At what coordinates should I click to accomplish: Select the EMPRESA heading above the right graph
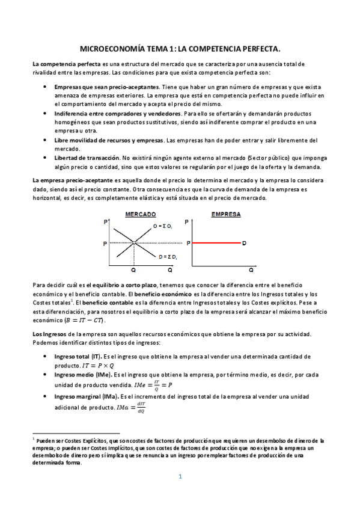pyautogui.click(x=226, y=214)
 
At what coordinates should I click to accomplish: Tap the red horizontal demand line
pyautogui.click(x=216, y=244)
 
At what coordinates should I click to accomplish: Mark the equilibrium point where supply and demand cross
pyautogui.click(x=134, y=244)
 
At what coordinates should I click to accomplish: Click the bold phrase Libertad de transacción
pyautogui.click(x=87, y=158)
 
